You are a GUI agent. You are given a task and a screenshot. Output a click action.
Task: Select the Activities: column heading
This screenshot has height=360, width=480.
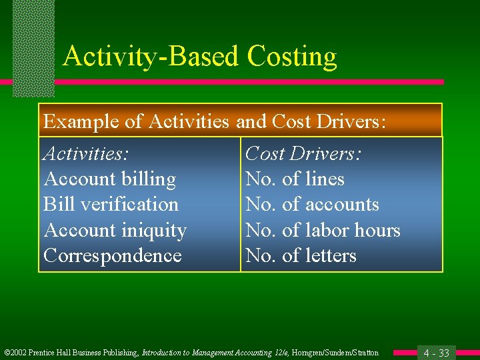point(86,153)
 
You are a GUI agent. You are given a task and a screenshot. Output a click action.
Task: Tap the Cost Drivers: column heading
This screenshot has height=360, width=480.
point(303,153)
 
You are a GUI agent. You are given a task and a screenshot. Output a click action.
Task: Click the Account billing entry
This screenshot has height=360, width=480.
point(109,179)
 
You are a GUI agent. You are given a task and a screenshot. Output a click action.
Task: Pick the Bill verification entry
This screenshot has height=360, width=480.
point(111,204)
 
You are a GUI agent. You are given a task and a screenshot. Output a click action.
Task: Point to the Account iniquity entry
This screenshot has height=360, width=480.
point(115,230)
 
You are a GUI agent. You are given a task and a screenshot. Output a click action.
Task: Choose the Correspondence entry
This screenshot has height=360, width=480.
point(112,255)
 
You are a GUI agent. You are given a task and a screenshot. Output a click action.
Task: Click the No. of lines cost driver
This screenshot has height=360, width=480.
point(295,179)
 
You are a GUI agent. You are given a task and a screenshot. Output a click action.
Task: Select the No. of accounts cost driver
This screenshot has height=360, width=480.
point(312,204)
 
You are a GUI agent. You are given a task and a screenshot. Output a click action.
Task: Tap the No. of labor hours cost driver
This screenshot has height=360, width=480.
point(323,230)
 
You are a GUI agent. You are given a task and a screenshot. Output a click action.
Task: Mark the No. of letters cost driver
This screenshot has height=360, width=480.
point(301,255)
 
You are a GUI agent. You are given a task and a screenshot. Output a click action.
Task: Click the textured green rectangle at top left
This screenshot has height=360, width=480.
point(33,47)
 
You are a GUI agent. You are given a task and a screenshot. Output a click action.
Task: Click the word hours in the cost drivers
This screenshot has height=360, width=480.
point(377,230)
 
